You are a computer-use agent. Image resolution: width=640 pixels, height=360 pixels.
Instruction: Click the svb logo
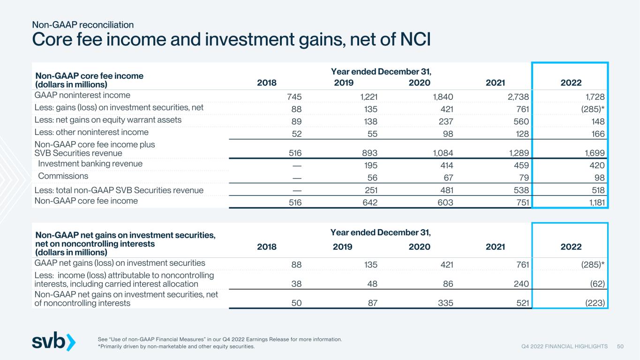(54, 341)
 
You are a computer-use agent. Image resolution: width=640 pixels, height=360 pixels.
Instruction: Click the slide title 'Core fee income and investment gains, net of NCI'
(231, 39)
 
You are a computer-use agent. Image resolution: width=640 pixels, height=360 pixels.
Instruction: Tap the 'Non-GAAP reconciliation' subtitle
(83, 25)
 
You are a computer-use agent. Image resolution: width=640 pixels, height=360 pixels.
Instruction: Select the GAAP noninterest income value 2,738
(518, 97)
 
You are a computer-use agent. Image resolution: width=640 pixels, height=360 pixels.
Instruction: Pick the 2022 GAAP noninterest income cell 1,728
(595, 97)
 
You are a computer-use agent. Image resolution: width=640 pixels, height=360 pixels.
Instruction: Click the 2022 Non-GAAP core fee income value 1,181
(597, 202)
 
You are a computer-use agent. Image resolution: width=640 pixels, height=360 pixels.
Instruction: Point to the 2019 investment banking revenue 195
(370, 165)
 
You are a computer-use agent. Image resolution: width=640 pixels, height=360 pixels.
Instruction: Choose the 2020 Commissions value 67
(448, 178)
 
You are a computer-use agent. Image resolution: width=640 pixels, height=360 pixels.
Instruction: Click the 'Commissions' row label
(63, 176)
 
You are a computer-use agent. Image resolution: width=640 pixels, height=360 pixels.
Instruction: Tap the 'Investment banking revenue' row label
(90, 164)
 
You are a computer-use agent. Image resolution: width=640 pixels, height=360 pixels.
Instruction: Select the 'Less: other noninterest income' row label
(91, 132)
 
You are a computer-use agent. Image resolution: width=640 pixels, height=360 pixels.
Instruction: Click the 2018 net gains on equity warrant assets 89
(297, 121)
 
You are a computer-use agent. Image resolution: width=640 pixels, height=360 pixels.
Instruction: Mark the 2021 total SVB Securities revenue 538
(521, 190)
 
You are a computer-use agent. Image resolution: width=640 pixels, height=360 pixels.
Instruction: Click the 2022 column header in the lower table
(571, 247)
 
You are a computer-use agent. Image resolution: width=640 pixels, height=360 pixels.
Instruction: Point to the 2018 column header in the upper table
(267, 82)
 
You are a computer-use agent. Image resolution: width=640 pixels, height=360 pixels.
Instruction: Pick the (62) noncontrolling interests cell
(597, 284)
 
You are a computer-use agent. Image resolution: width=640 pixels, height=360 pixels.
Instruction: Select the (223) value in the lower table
(595, 303)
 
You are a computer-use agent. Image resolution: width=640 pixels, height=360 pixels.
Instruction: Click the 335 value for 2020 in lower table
(445, 303)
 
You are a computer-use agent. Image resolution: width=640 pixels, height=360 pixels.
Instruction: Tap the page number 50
(620, 346)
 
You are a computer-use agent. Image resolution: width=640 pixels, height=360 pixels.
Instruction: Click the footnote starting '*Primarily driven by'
(176, 346)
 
